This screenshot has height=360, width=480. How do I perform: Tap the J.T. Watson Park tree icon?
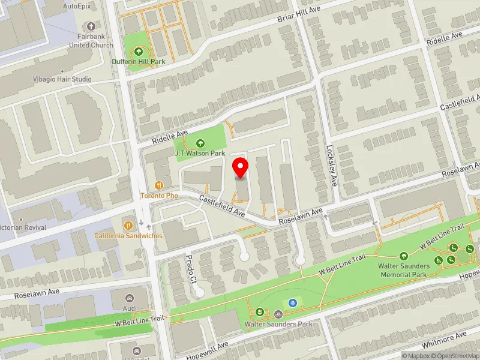[200, 143]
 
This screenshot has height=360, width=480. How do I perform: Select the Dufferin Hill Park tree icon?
[139, 52]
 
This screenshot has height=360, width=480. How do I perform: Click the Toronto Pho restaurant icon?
[160, 185]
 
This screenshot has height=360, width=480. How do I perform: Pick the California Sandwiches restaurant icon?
[128, 226]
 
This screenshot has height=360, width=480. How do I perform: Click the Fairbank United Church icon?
[91, 26]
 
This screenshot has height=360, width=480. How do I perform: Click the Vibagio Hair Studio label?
[63, 79]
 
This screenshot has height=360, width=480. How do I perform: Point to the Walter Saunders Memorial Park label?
[403, 270]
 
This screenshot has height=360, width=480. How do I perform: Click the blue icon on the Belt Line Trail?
[293, 302]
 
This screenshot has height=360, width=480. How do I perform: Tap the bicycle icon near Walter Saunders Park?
[278, 314]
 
